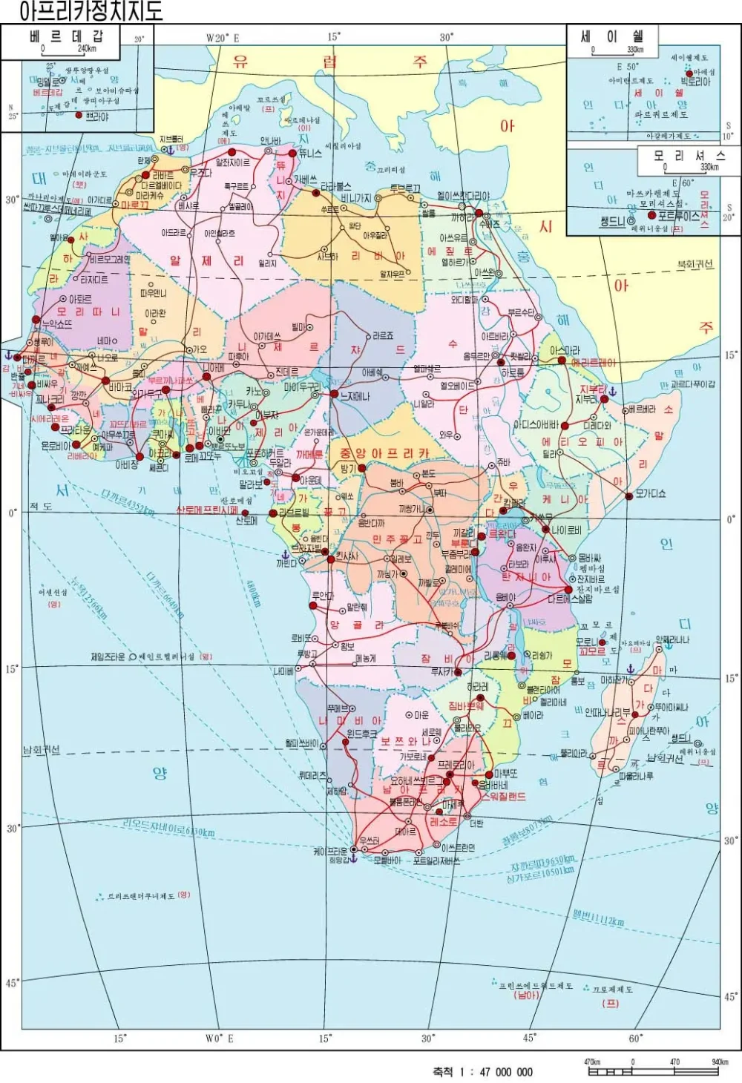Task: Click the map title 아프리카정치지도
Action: click(91, 11)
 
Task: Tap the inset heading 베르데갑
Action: click(67, 36)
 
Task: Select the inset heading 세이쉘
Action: click(613, 36)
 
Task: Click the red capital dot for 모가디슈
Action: click(628, 494)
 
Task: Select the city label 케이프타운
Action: click(330, 852)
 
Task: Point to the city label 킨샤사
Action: click(347, 556)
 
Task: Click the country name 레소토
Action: click(444, 822)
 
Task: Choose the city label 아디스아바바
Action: click(536, 425)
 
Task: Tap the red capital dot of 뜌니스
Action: click(292, 153)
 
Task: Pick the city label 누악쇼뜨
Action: click(56, 324)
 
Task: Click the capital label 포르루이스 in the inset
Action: click(680, 216)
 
